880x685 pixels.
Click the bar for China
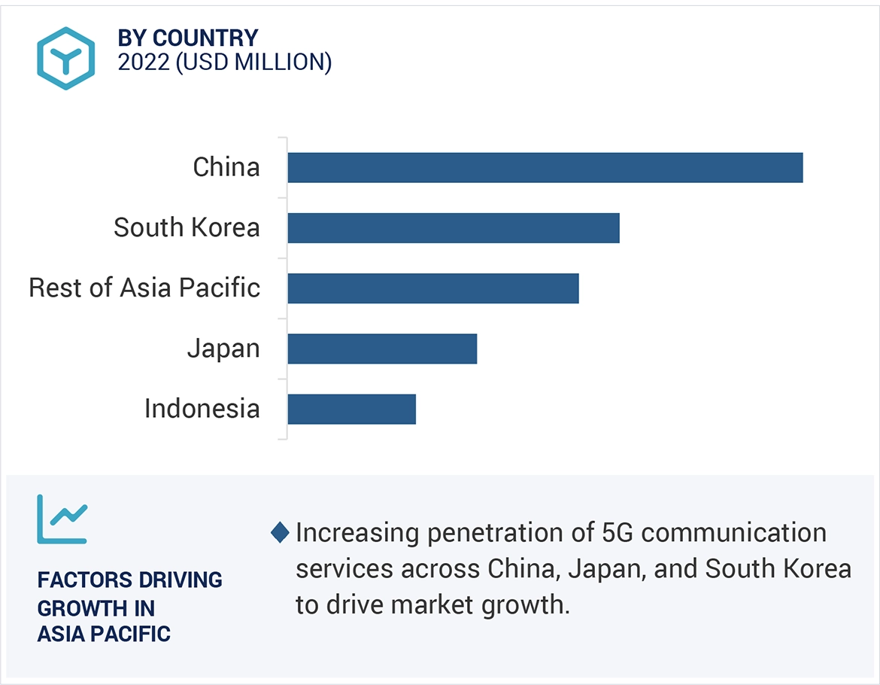coord(545,167)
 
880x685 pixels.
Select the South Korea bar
coord(453,227)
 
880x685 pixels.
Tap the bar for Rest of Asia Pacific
coord(432,288)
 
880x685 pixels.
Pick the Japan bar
coord(382,348)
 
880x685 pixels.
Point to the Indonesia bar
coord(351,408)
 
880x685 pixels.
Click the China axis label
coord(226,167)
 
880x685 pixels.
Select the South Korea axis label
coord(187,227)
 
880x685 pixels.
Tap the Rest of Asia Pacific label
coord(144,288)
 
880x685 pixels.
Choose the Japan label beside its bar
coord(223,349)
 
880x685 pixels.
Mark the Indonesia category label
coord(202,409)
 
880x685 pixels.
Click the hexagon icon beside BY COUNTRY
coord(66,58)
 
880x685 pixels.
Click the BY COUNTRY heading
coord(188,38)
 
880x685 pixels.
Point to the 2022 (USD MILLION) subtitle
coord(225,62)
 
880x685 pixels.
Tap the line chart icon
coord(62,519)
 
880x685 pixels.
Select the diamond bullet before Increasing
coord(280,533)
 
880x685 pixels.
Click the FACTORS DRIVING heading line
coord(129,580)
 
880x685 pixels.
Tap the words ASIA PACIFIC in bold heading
coord(104,634)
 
